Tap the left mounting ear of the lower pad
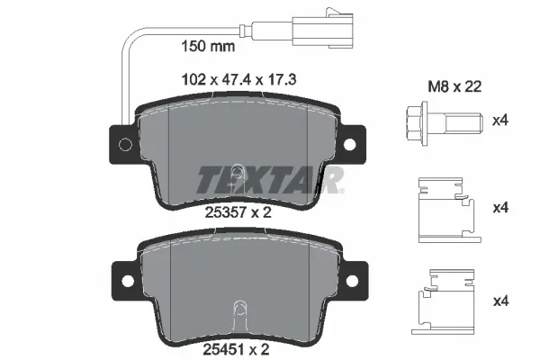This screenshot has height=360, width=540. [123, 272]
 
